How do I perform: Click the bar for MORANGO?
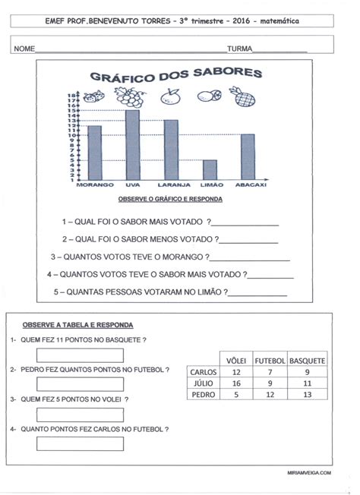pos(95,153)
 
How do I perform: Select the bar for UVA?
pos(132,145)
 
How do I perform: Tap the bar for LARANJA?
pos(171,150)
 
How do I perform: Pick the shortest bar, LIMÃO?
pos(210,169)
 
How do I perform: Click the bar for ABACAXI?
pos(248,156)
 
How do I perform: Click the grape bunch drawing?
pos(130,96)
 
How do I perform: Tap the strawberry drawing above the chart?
pos(93,97)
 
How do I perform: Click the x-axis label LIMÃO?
pos(210,185)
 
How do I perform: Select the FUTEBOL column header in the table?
pos(270,360)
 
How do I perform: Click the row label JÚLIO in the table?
pos(204,383)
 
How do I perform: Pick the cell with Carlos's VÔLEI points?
pos(235,372)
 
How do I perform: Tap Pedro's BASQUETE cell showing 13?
pos(307,395)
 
